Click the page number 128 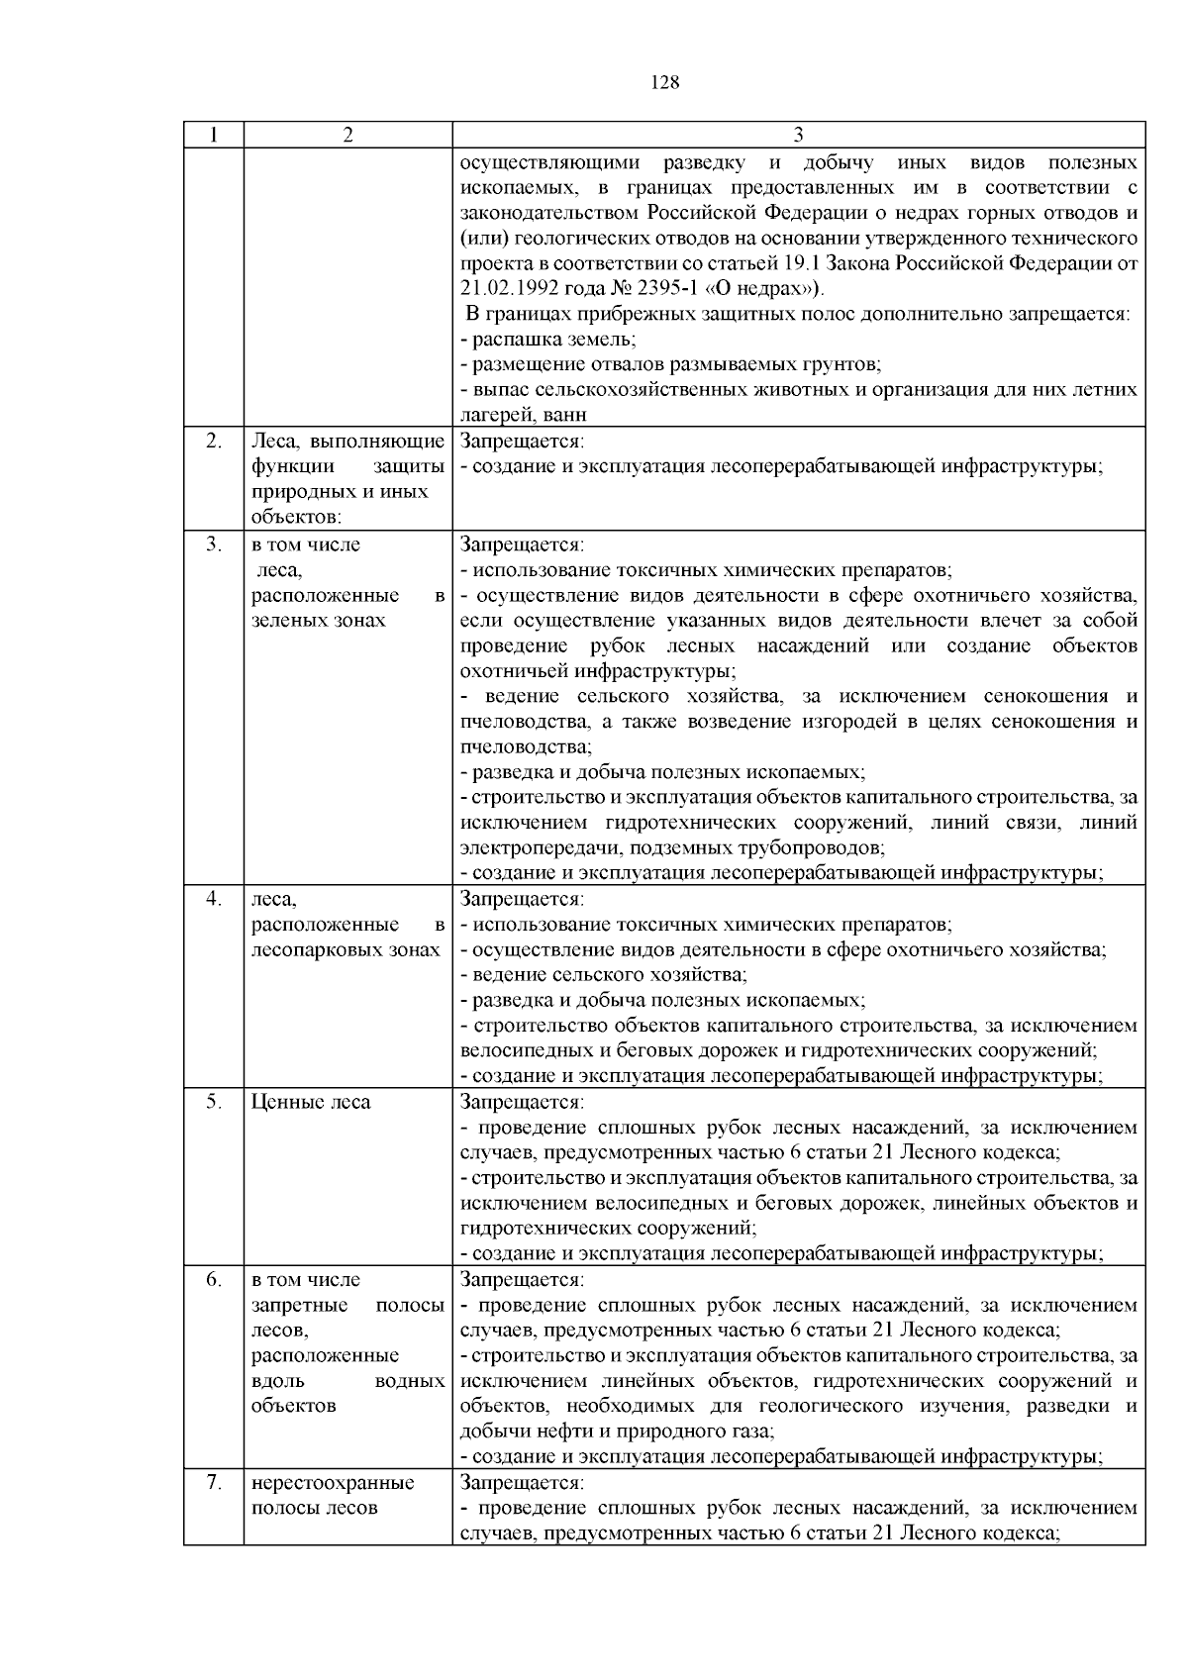pyautogui.click(x=665, y=83)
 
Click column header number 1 pyautogui.click(x=214, y=135)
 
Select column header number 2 pyautogui.click(x=347, y=135)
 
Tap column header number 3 pyautogui.click(x=799, y=135)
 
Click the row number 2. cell pyautogui.click(x=214, y=442)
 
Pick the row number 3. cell pyautogui.click(x=214, y=544)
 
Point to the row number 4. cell pyautogui.click(x=214, y=899)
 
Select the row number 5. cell pyautogui.click(x=214, y=1102)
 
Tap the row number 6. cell pyautogui.click(x=214, y=1279)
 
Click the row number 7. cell pyautogui.click(x=214, y=1482)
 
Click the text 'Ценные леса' pyautogui.click(x=311, y=1102)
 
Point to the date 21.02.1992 pyautogui.click(x=510, y=289)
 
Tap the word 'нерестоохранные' pyautogui.click(x=333, y=1483)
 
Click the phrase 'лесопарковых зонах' pyautogui.click(x=346, y=950)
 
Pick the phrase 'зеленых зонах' pyautogui.click(x=318, y=621)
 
